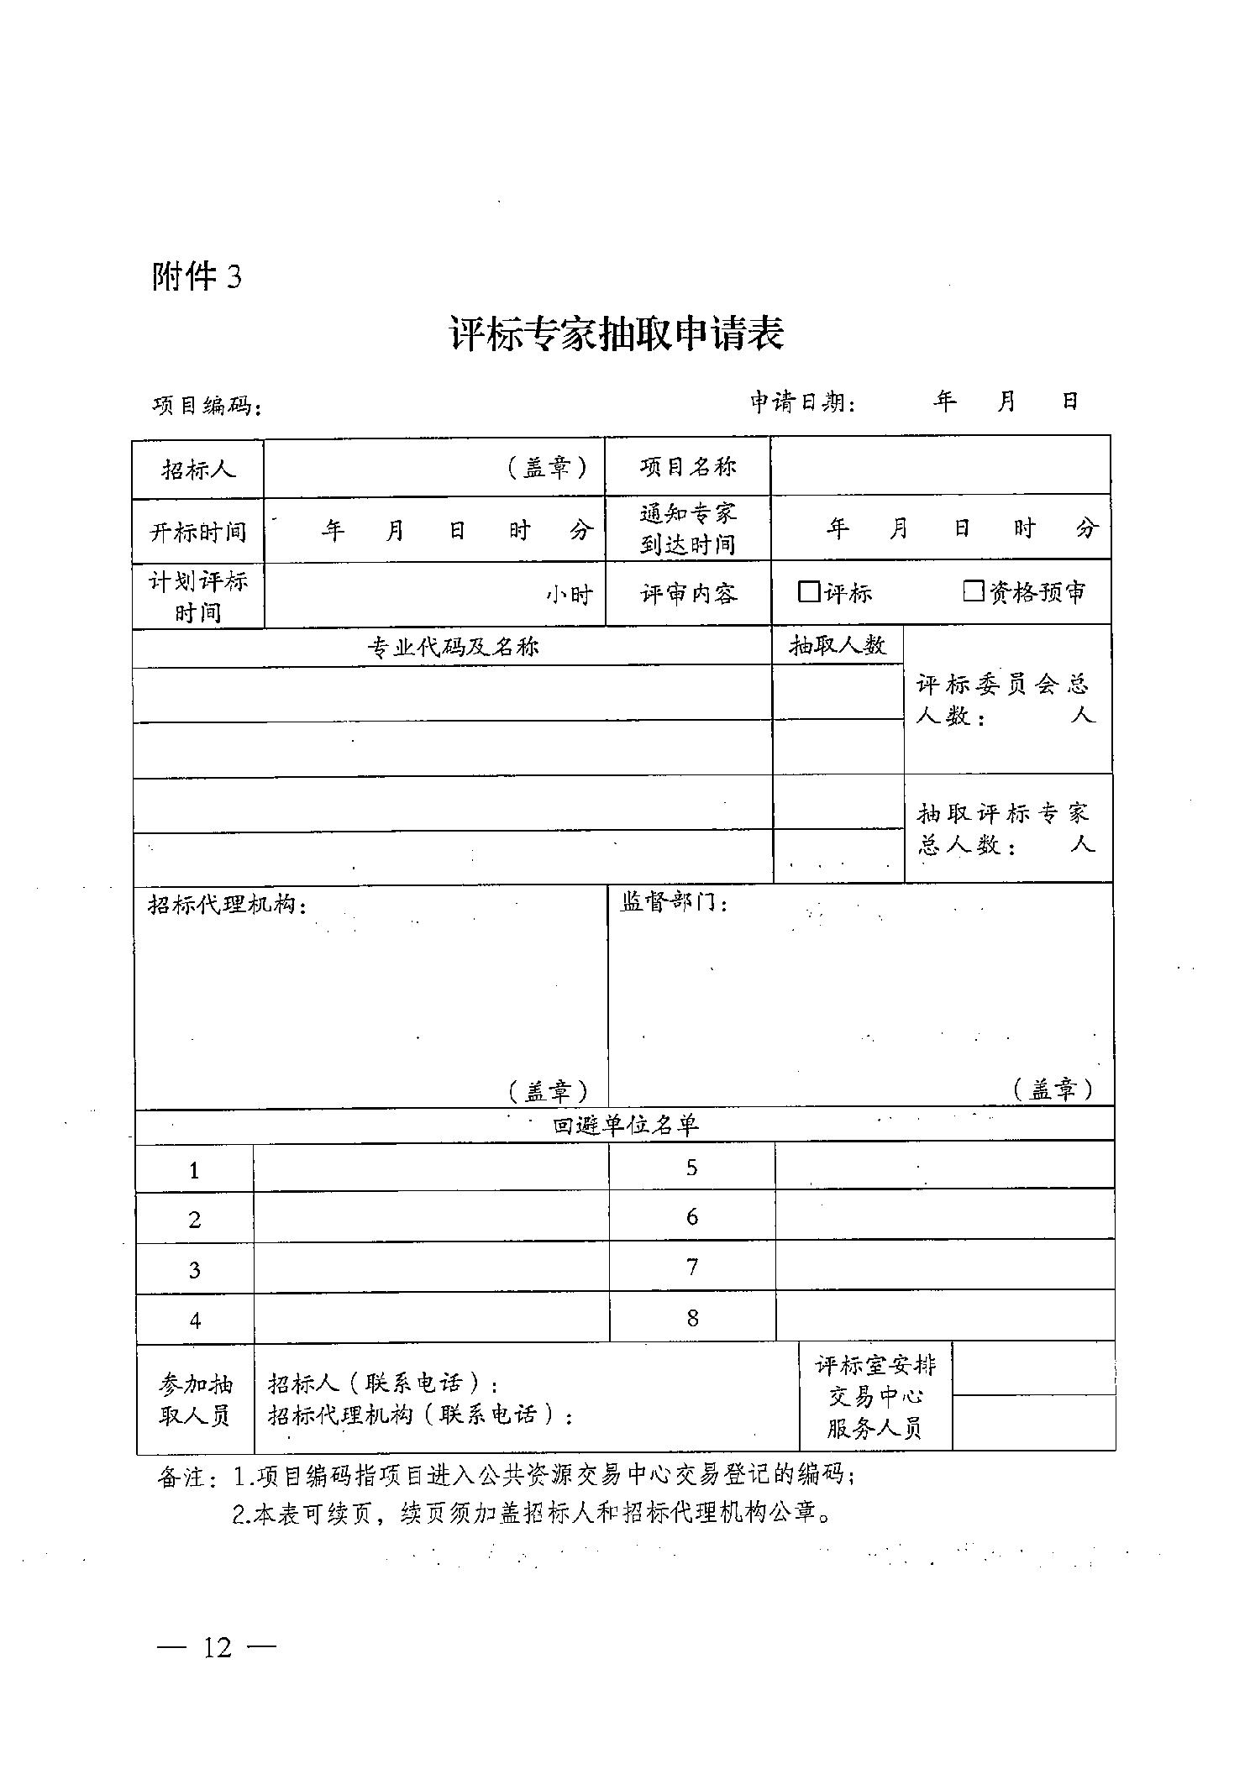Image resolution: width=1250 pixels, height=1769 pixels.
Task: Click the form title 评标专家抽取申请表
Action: coord(617,334)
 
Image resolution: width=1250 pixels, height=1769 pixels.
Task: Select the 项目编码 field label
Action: coord(205,406)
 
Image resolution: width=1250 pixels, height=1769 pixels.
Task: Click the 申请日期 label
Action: coord(802,403)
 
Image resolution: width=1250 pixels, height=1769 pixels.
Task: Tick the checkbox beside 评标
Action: coord(808,591)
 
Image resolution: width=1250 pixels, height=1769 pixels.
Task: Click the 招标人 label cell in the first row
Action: coord(198,469)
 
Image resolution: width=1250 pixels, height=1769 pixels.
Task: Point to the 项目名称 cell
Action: coord(687,467)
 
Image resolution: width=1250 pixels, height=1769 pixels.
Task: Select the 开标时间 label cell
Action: coord(198,532)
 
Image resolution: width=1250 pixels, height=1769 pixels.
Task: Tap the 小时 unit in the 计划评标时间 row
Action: coord(570,595)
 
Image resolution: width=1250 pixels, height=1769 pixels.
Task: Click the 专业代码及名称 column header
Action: coord(453,647)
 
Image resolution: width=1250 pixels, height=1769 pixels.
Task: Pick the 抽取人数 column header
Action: coord(837,645)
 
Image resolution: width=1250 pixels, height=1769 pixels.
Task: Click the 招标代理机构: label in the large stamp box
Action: coord(227,905)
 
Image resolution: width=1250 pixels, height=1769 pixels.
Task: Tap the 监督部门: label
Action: coord(674,902)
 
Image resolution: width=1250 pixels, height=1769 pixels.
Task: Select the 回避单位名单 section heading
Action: coord(625,1126)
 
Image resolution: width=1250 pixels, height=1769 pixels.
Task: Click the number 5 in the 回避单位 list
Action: coord(691,1168)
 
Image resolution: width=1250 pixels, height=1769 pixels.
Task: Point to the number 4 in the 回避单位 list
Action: coord(195,1320)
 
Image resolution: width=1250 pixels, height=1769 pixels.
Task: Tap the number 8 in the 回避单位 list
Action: coord(692,1318)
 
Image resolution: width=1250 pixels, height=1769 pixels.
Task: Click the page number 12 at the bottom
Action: coord(217,1647)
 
